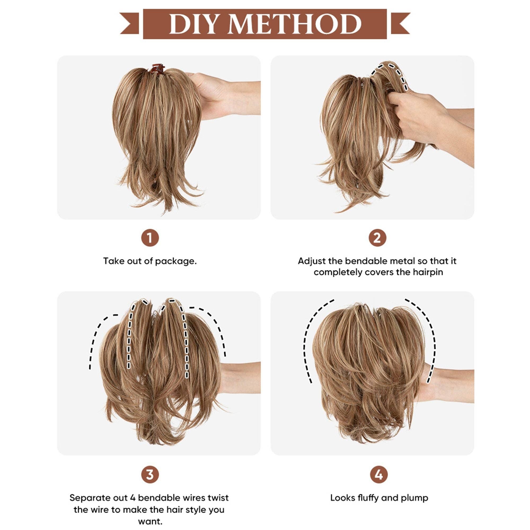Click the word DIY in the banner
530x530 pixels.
[x=195, y=24]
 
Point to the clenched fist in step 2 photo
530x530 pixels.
[x=412, y=115]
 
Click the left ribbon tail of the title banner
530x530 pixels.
[x=130, y=24]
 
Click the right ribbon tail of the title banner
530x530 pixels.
[x=400, y=24]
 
